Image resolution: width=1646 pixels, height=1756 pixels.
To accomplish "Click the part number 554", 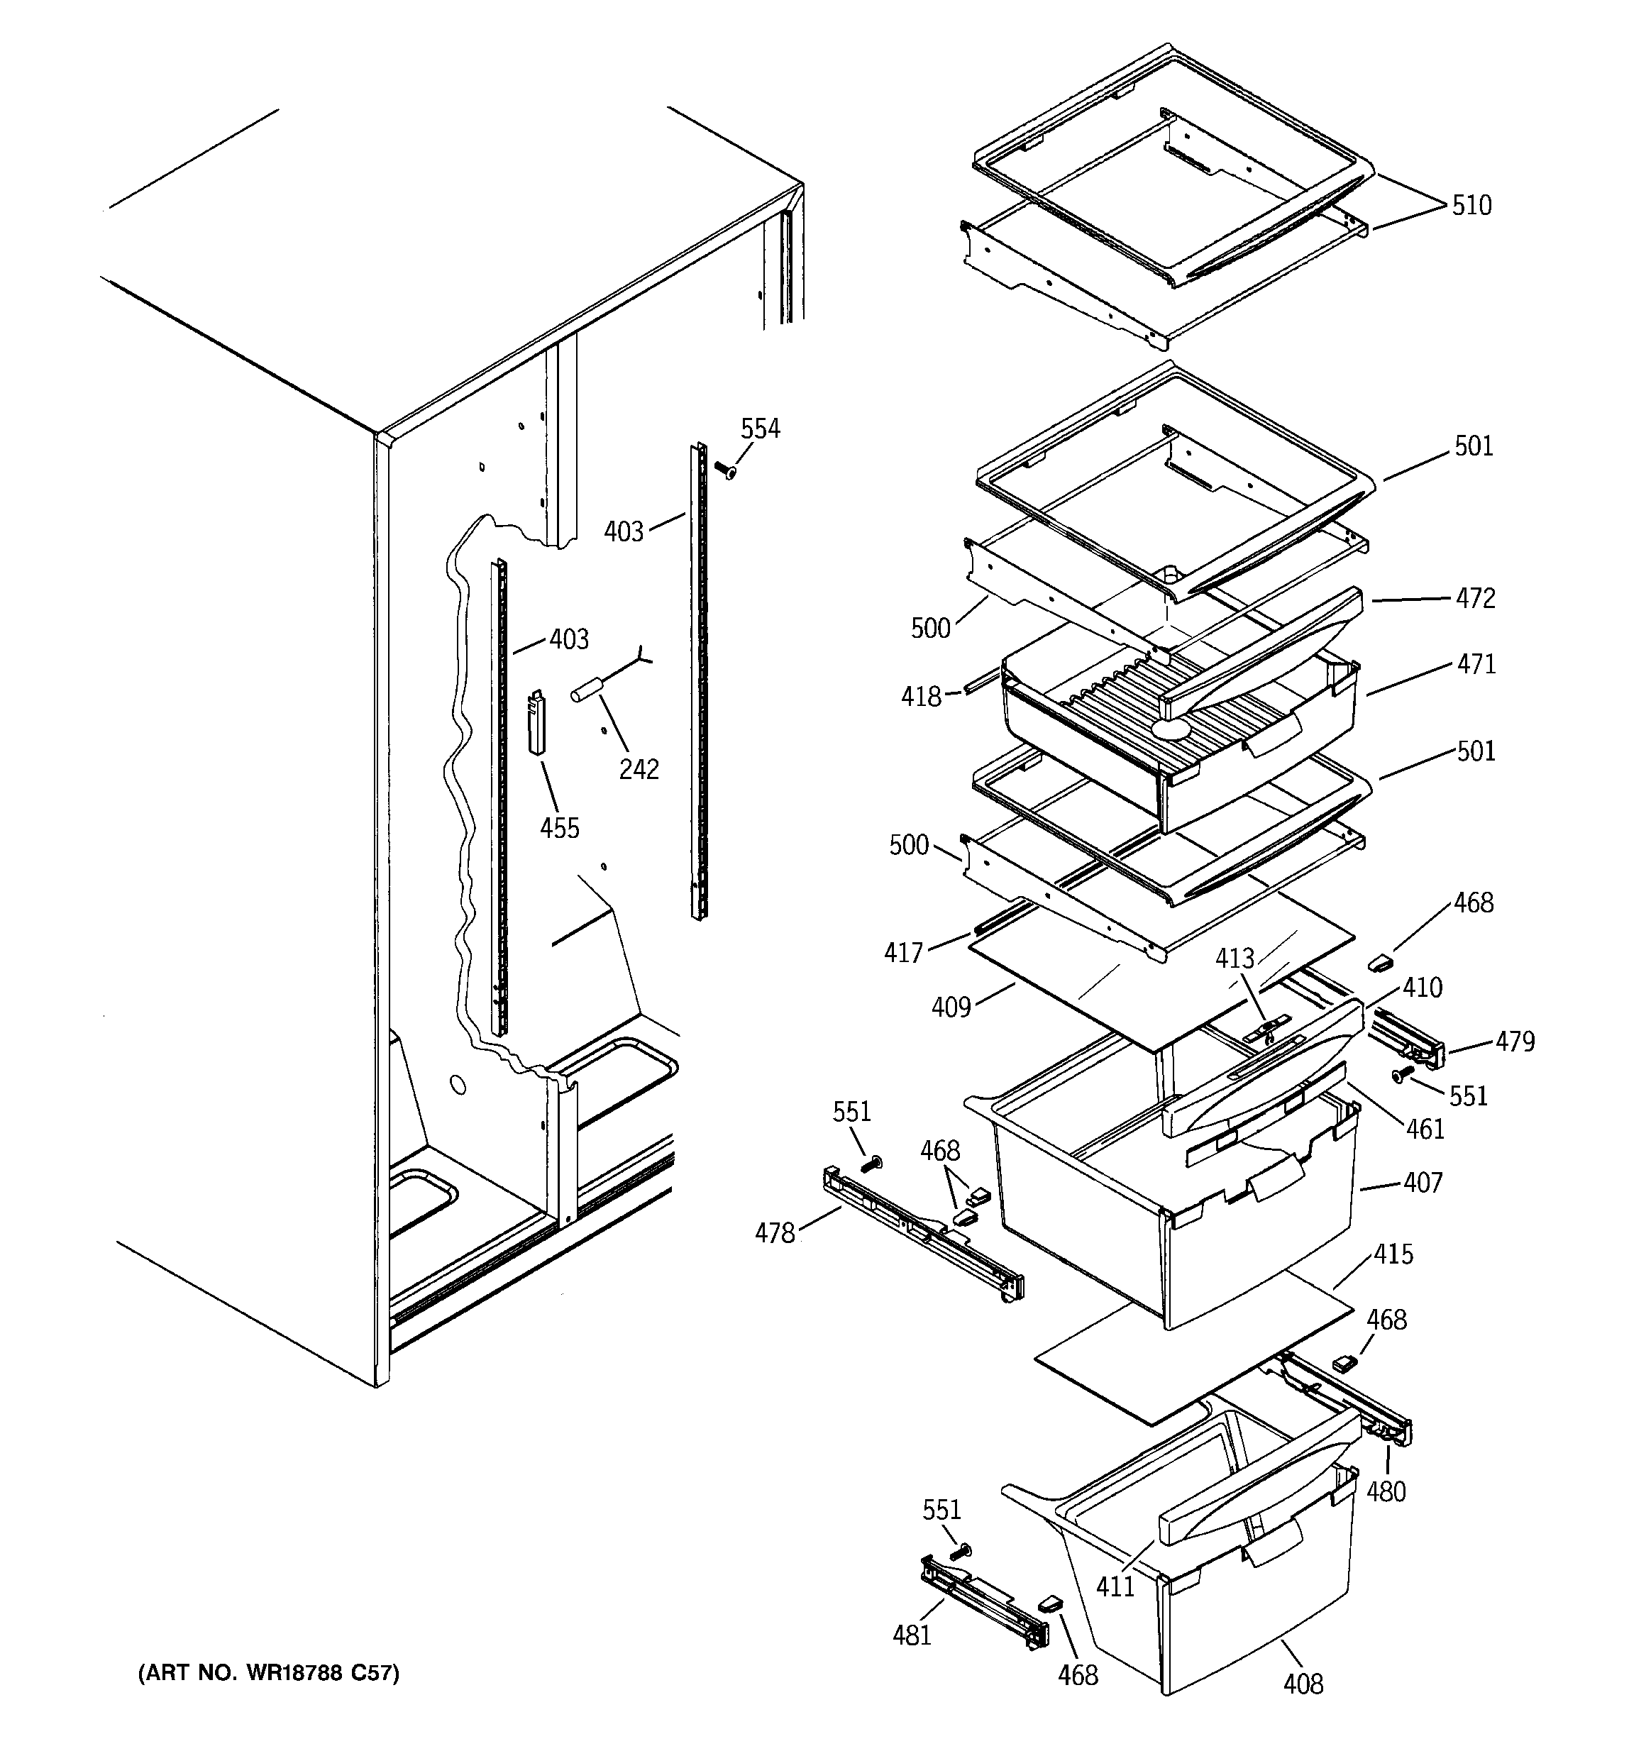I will pos(760,429).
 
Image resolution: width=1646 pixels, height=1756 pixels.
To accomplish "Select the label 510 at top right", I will pos(1471,206).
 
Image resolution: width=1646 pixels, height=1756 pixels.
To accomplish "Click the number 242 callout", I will pos(638,769).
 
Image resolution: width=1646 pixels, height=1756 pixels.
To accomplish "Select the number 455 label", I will pos(559,829).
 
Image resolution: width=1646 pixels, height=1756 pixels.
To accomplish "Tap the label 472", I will pos(1476,599).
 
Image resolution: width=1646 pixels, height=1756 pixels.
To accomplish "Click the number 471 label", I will pos(1476,664).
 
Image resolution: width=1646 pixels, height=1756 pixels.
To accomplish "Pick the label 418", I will pos(921,697).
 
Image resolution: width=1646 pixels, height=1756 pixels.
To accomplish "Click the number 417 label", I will pos(903,952).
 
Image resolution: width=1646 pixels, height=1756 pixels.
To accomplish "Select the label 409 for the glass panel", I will pos(951,1007).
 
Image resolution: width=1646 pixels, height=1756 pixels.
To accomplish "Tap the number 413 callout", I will pos(1234,959).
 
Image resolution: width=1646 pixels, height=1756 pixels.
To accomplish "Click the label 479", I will pos(1514,1042).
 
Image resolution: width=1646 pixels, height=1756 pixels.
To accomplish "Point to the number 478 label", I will pos(775,1233).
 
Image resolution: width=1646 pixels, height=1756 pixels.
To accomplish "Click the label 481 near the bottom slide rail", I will pos(912,1636).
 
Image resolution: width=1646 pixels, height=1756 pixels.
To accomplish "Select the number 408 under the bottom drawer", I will pos(1303,1684).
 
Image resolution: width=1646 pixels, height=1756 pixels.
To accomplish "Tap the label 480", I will pos(1386,1492).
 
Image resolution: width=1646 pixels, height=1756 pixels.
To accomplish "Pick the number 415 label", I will pos(1393,1254).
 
